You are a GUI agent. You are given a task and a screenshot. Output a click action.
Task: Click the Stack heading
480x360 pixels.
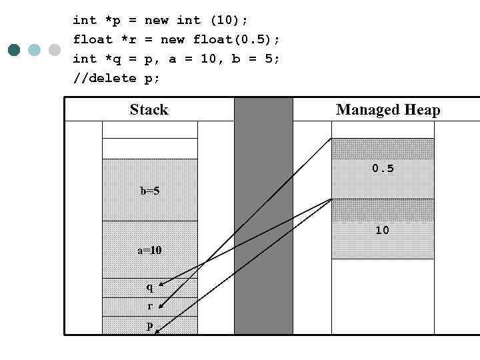click(149, 110)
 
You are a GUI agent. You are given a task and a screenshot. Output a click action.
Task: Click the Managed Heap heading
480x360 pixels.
click(387, 110)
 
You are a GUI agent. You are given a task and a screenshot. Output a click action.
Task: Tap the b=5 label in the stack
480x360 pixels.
click(149, 191)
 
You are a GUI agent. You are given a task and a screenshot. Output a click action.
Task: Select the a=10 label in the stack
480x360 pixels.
click(149, 251)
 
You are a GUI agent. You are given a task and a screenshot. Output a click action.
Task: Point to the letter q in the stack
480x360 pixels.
click(149, 287)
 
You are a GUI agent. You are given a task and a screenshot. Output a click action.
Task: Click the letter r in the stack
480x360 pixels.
click(149, 306)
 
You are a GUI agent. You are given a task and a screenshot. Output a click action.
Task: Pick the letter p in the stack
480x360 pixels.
click(149, 326)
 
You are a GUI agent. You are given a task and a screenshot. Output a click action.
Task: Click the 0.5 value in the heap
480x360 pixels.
click(383, 169)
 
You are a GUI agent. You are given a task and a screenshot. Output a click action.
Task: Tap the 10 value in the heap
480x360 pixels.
click(382, 231)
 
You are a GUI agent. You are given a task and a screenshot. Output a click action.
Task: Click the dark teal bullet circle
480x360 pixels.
click(15, 50)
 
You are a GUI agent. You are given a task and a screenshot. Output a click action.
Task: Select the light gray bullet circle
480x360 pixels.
click(55, 50)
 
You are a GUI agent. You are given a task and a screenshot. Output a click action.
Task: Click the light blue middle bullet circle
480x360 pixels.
click(35, 50)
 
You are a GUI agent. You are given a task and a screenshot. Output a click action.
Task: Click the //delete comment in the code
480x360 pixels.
click(105, 78)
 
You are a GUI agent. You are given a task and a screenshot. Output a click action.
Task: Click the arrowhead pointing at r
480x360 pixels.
click(161, 307)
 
